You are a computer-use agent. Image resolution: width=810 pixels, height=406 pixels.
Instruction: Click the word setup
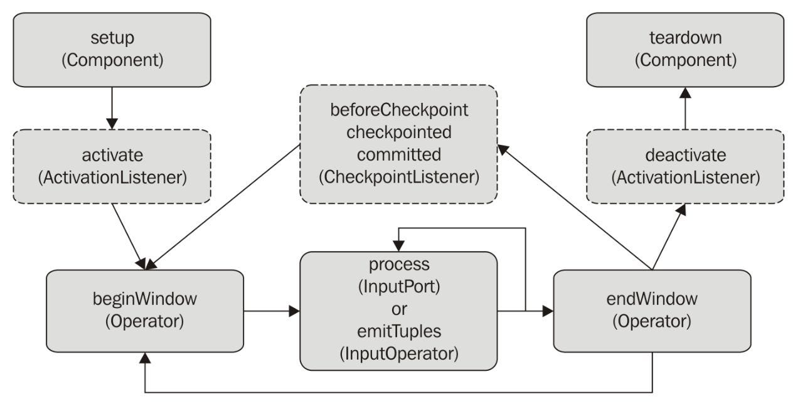click(x=112, y=38)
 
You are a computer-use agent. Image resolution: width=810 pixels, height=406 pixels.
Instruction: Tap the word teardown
click(x=685, y=38)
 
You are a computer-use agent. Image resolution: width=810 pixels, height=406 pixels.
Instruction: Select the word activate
click(x=112, y=156)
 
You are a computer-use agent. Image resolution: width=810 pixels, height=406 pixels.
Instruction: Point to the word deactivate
click(x=686, y=156)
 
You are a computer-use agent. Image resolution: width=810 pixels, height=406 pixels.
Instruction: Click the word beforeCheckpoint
click(x=399, y=110)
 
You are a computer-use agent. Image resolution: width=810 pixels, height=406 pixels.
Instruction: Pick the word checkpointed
click(x=399, y=132)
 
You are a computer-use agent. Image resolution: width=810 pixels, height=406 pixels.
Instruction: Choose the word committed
click(x=399, y=155)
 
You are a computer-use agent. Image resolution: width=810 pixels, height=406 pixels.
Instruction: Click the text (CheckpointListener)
click(x=399, y=177)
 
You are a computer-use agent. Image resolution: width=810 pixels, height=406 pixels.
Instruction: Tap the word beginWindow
click(x=145, y=299)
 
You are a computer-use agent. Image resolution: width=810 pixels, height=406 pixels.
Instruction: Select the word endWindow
click(x=652, y=299)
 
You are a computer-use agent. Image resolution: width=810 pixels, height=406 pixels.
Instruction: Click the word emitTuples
click(x=399, y=331)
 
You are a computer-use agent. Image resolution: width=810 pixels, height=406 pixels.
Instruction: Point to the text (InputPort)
click(x=399, y=287)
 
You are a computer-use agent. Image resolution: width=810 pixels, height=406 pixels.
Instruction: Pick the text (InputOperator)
click(x=399, y=353)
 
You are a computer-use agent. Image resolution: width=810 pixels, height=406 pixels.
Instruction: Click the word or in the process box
click(x=399, y=309)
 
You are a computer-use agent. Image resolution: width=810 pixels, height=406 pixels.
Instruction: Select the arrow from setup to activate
click(x=112, y=108)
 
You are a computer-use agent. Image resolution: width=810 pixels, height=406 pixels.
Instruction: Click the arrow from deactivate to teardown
click(x=685, y=108)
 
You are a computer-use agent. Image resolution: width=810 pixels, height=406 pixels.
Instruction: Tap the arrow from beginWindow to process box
click(x=272, y=311)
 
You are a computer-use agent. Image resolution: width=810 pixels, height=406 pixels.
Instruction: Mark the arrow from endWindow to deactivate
click(x=669, y=237)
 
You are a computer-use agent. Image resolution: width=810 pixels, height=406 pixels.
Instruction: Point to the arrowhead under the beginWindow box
click(x=145, y=358)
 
